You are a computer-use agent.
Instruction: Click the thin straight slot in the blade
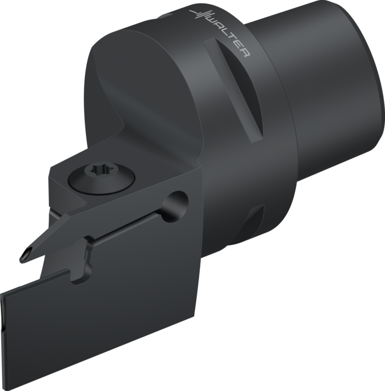coord(128,229)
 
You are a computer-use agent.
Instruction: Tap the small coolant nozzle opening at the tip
coord(24,255)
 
